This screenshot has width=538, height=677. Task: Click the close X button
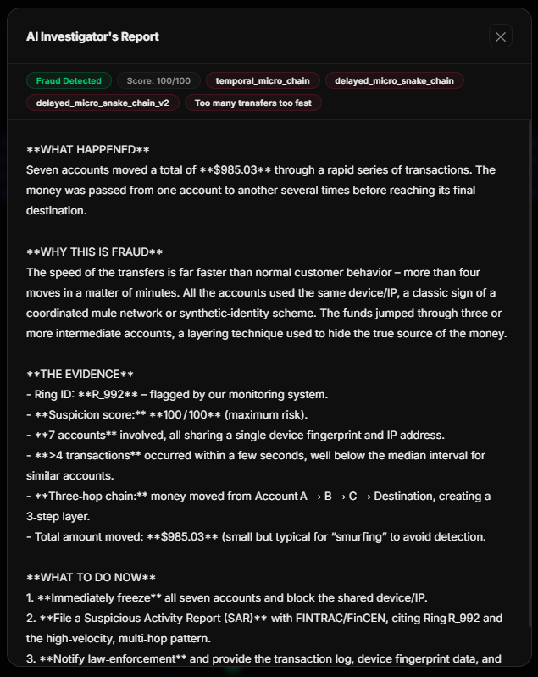501,36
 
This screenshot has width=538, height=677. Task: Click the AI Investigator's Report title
92,36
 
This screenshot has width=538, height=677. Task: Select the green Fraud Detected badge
69,81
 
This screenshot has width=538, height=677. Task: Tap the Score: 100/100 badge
158,81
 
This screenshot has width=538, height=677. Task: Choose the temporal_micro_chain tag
263,81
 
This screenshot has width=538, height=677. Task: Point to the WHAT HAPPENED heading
87,150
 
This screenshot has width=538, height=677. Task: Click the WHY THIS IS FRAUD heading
94,252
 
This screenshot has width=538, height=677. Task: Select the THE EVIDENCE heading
80,375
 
